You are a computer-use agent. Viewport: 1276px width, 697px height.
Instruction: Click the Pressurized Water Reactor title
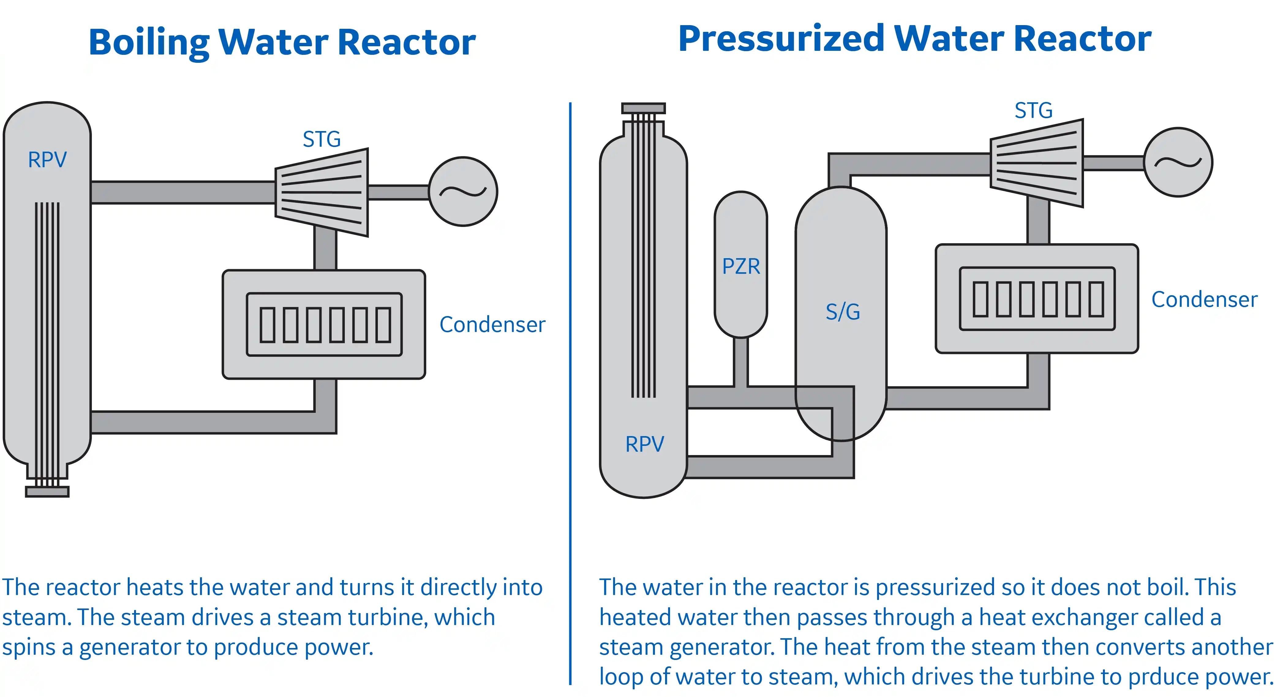coord(914,39)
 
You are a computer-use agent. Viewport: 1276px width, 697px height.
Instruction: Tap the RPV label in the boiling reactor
coord(47,160)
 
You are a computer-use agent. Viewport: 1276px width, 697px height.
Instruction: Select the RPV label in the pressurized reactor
coord(645,444)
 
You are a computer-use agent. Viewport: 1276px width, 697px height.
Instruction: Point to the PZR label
coord(740,266)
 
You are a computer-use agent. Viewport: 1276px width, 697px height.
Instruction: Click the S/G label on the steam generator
coord(843,311)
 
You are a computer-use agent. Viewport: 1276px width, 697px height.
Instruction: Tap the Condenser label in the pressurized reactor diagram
coord(1204,299)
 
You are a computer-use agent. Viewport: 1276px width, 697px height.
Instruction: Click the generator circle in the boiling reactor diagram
coord(463,192)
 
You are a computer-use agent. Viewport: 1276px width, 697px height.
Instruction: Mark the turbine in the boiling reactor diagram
coord(322,192)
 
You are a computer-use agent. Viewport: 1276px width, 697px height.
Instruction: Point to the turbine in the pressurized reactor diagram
coord(1037,163)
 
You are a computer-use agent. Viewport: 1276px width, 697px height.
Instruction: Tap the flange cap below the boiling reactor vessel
coord(47,492)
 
